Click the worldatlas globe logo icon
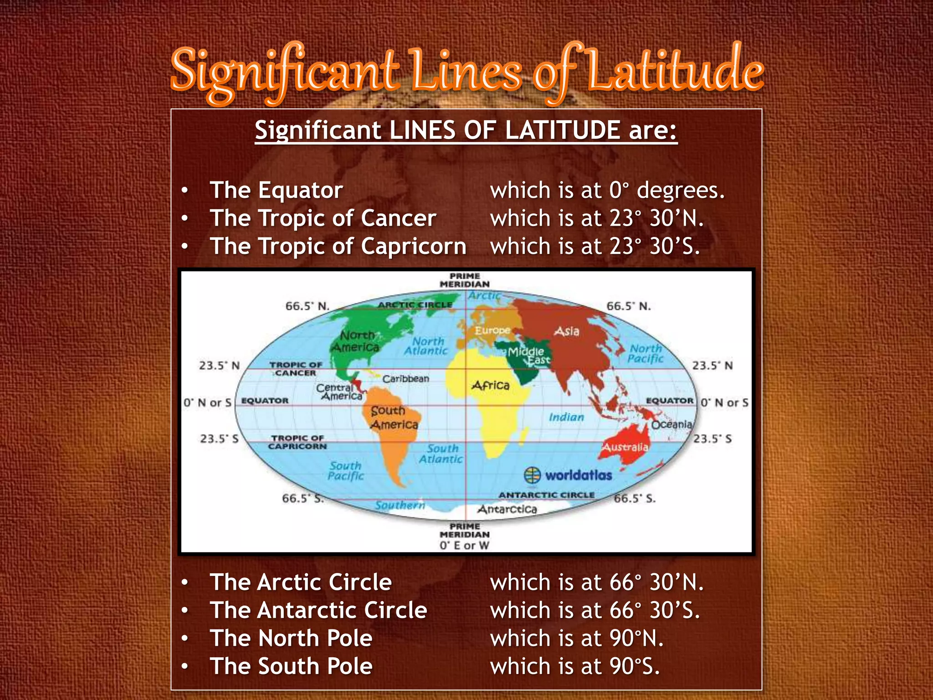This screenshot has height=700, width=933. [532, 475]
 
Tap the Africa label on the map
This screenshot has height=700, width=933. [491, 386]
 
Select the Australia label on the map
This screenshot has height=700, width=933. [625, 447]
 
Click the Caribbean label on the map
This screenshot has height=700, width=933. [405, 379]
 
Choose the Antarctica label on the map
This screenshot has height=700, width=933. [507, 509]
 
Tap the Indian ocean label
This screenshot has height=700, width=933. [566, 417]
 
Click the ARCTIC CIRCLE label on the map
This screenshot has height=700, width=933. [415, 305]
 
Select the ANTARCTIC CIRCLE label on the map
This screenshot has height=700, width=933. [546, 495]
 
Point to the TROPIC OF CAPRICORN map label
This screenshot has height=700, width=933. [297, 442]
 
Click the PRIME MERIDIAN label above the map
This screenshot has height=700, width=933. [465, 280]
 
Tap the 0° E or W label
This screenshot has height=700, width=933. [464, 546]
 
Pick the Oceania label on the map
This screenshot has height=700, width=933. [672, 424]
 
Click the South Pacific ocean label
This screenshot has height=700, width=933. [346, 471]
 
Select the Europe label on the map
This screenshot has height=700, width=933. [492, 330]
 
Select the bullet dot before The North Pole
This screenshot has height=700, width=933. [185, 638]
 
